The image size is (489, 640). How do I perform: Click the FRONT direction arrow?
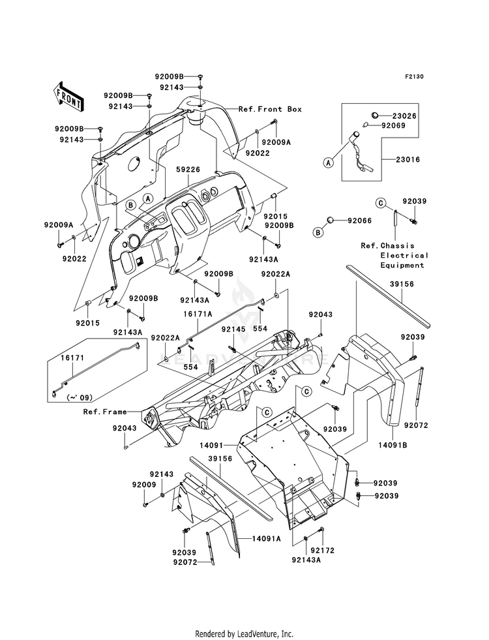tap(68, 97)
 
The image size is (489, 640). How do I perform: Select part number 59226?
tap(188, 169)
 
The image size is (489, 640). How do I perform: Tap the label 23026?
tap(405, 116)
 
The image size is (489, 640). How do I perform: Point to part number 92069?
tap(394, 126)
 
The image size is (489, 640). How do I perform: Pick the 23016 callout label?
tap(407, 160)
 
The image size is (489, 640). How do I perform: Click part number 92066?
tap(360, 221)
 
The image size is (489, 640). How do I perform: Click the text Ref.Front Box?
tap(270, 109)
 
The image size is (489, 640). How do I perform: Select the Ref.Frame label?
tap(105, 412)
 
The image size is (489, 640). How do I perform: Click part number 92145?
tap(233, 329)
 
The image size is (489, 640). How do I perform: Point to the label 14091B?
tap(393, 445)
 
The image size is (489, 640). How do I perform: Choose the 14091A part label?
tap(266, 539)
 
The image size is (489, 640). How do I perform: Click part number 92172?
tap(322, 551)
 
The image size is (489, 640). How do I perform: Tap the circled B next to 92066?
tap(318, 232)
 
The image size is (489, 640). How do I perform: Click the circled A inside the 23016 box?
tap(329, 163)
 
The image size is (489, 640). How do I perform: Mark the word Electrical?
tap(405, 256)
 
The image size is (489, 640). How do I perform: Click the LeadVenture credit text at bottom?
tap(244, 634)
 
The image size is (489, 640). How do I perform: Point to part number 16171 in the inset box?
tap(72, 358)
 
